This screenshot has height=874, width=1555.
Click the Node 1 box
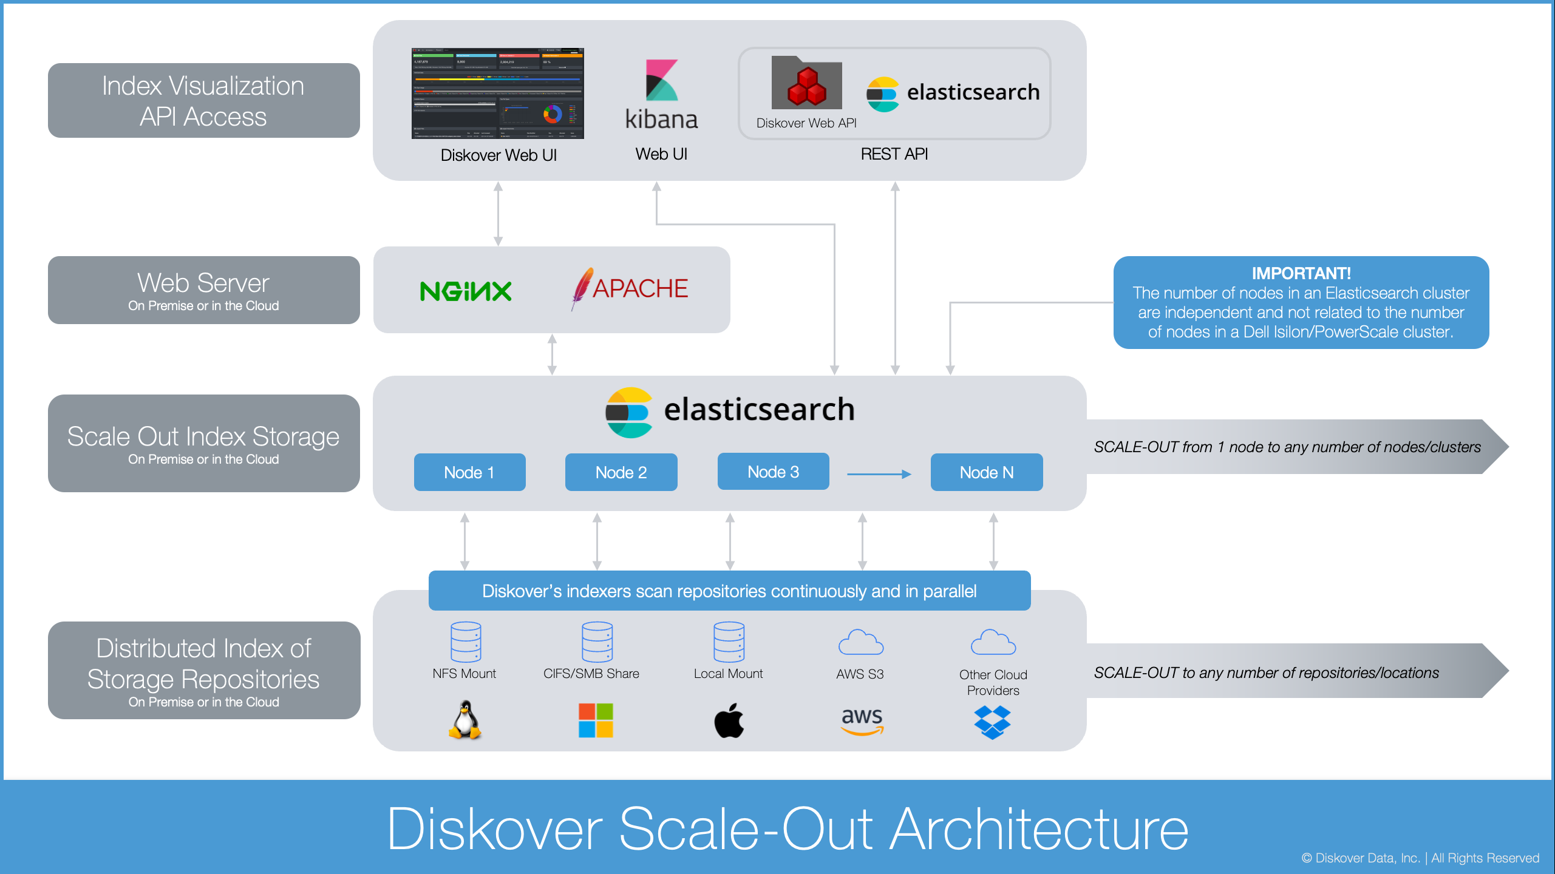click(x=469, y=472)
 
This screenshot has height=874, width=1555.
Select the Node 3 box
click(x=773, y=472)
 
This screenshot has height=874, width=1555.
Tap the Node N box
click(x=986, y=472)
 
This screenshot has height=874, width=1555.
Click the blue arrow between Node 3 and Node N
click(x=879, y=474)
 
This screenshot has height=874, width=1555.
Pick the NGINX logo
click(x=466, y=291)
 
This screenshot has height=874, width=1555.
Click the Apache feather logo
click(x=581, y=288)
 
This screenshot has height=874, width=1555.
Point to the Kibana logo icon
click(x=661, y=80)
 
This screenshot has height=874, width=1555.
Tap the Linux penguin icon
click(x=465, y=720)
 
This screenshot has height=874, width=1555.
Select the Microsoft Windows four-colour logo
click(x=596, y=720)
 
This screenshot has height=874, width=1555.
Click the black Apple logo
click(x=729, y=721)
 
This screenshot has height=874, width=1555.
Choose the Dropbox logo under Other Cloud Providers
click(x=992, y=722)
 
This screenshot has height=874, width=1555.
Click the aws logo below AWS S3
click(x=862, y=721)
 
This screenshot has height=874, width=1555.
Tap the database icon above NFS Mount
click(x=466, y=642)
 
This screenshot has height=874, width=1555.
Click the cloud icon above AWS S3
click(x=860, y=642)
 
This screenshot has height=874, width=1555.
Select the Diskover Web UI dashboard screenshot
click(x=497, y=93)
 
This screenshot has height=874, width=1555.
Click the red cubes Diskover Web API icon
click(x=806, y=86)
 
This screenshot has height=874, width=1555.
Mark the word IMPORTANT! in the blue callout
click(x=1301, y=273)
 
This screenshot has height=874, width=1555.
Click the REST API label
click(x=894, y=154)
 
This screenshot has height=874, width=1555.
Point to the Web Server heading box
click(x=203, y=290)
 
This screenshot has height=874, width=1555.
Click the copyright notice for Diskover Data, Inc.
click(x=1420, y=858)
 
